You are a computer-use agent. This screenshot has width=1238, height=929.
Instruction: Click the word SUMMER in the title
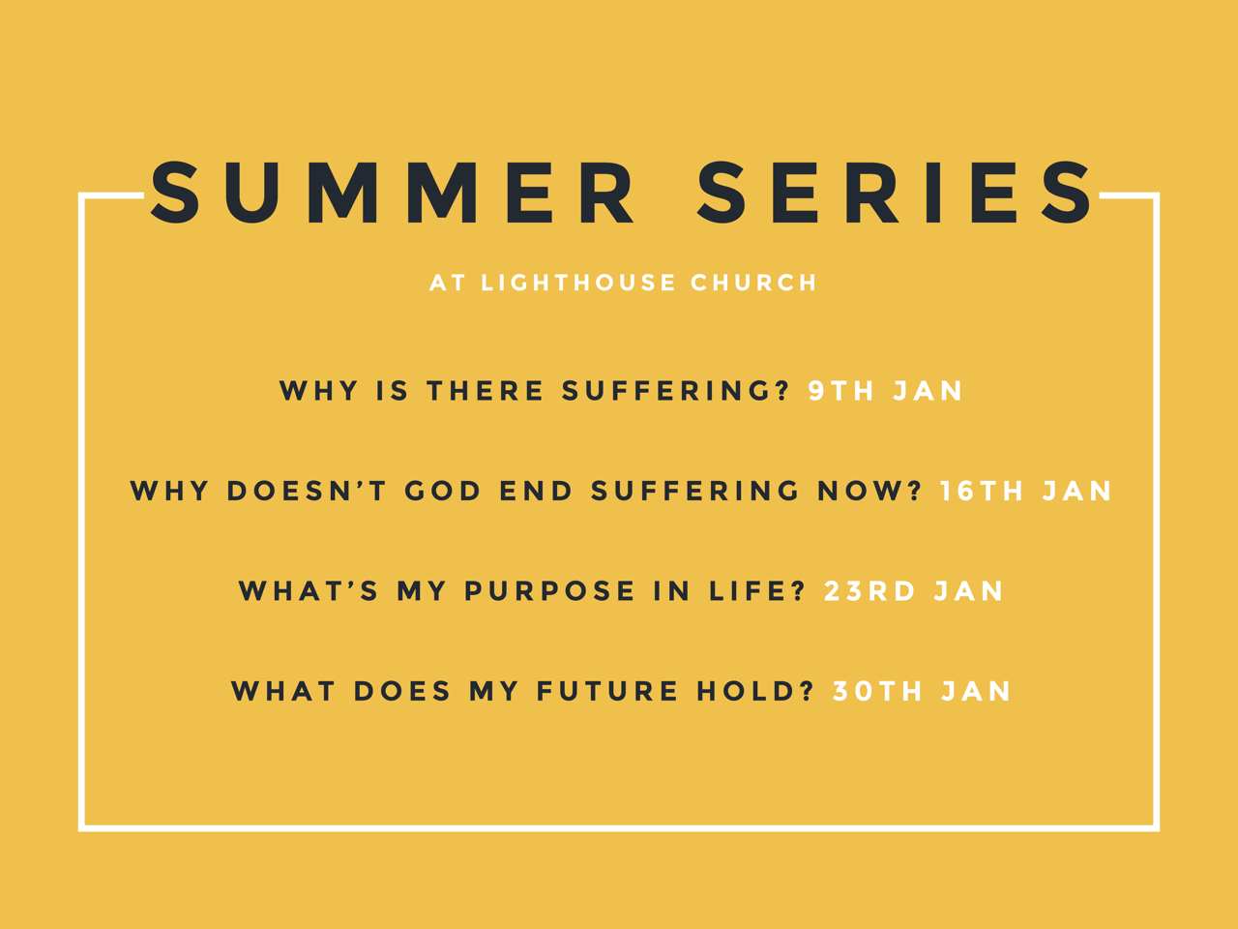(x=393, y=193)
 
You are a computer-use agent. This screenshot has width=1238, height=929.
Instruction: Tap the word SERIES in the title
(x=895, y=193)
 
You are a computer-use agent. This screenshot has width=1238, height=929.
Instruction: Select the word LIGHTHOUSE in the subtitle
(x=578, y=283)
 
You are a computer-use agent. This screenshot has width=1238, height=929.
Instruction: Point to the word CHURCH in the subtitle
(x=753, y=283)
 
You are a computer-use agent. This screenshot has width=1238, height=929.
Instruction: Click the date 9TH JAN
(x=886, y=391)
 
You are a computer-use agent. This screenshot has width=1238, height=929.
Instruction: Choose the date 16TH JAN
(x=1026, y=491)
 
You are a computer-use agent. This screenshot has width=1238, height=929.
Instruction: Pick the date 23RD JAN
(x=914, y=591)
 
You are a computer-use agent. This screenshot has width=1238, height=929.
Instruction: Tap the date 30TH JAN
(x=922, y=692)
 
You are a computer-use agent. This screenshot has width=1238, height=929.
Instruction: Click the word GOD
(x=443, y=491)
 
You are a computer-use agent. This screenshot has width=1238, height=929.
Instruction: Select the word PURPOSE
(x=550, y=591)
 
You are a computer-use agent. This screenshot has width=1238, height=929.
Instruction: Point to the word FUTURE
(x=606, y=692)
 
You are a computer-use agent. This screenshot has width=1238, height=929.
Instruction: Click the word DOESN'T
(x=307, y=491)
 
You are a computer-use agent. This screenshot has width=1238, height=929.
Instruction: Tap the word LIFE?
(x=757, y=591)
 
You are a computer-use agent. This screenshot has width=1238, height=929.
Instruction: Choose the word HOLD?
(x=755, y=692)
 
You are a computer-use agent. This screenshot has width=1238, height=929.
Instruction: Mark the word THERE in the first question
(x=486, y=391)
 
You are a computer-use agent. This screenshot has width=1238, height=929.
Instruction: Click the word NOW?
(x=870, y=491)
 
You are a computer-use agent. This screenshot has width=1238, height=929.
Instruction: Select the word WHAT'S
(x=309, y=591)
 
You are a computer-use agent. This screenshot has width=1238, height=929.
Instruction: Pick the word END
(x=537, y=491)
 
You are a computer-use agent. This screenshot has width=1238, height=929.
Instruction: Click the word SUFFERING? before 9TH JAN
(x=676, y=391)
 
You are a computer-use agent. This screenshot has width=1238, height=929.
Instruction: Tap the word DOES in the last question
(x=402, y=692)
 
